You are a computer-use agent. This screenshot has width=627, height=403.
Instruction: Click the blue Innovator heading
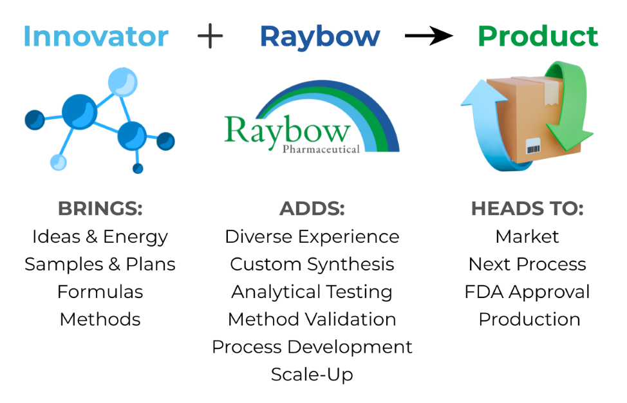click(x=96, y=37)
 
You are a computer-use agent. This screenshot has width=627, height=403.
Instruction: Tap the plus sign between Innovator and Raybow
click(x=211, y=36)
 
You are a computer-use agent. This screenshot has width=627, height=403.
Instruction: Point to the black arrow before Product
click(x=429, y=36)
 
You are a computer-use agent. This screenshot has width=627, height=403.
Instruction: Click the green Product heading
click(x=538, y=37)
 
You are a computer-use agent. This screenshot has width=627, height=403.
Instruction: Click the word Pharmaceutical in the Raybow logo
click(x=321, y=149)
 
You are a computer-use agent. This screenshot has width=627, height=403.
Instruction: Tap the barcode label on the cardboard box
click(x=533, y=147)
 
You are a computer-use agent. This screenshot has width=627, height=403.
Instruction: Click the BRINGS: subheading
click(x=100, y=209)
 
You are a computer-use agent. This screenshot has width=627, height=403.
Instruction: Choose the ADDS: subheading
click(x=312, y=209)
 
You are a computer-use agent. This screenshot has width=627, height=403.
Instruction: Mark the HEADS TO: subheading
click(x=527, y=209)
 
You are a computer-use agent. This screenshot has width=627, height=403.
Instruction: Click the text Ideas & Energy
click(x=100, y=237)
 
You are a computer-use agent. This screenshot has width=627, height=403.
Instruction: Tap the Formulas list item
click(x=100, y=292)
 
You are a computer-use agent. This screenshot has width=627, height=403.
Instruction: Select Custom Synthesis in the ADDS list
click(x=312, y=265)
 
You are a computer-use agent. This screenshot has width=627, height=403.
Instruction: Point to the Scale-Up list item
click(x=312, y=375)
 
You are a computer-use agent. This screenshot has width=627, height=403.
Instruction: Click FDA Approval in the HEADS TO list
click(x=527, y=292)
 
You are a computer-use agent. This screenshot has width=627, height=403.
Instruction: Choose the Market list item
click(x=527, y=236)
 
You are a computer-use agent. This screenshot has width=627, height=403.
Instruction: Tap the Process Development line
click(x=312, y=347)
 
